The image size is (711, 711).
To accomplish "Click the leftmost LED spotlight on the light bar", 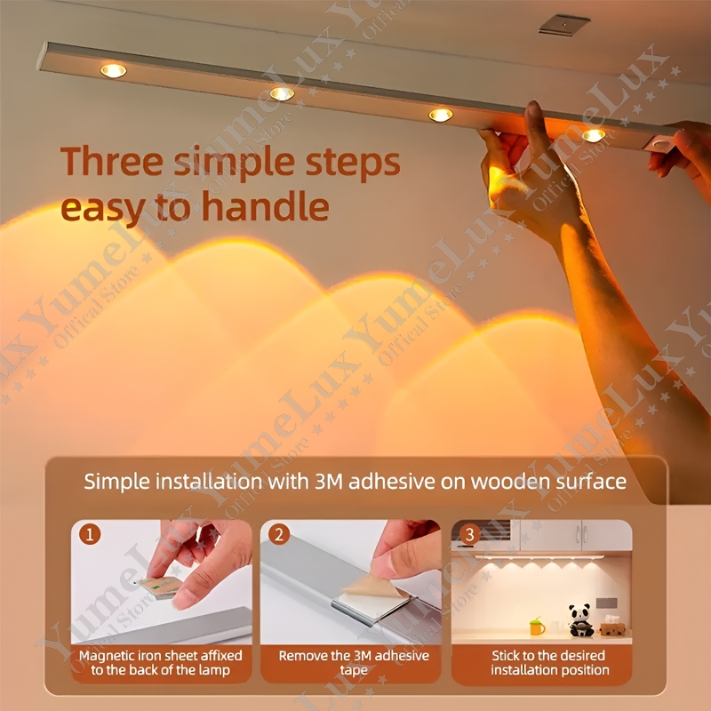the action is (x=114, y=71).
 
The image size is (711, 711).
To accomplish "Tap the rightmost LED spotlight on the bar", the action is (x=594, y=135).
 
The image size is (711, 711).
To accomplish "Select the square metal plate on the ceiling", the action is (x=564, y=25).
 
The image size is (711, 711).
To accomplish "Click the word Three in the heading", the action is (x=112, y=162).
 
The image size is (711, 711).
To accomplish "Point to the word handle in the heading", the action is (x=265, y=206).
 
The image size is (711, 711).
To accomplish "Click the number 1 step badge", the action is (x=90, y=534).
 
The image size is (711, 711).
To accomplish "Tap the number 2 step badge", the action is (x=279, y=534).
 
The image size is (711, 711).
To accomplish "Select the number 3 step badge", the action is (x=470, y=534).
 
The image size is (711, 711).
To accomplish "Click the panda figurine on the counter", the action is (x=581, y=619).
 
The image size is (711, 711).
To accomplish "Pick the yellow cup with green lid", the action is (x=537, y=627).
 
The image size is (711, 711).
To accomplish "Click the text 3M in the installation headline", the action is (x=329, y=482).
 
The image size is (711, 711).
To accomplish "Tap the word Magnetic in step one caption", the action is (x=107, y=656).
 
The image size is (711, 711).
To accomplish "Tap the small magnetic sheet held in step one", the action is (x=160, y=587).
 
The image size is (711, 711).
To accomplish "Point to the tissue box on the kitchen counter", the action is (x=612, y=627).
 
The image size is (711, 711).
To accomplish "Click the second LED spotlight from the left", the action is (x=282, y=94).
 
